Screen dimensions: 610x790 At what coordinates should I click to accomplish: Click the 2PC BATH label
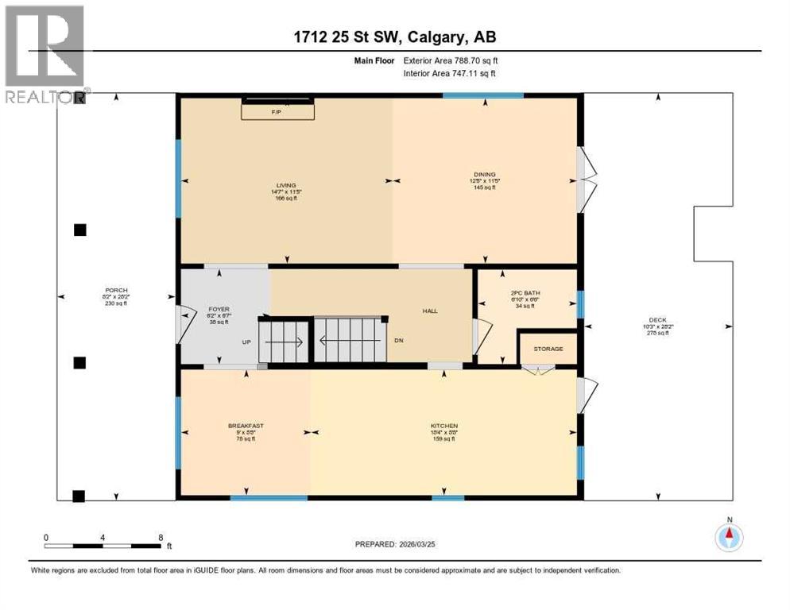(525, 293)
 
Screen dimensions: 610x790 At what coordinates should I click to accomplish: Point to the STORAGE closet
(548, 349)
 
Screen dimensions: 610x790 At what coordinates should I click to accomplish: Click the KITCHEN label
(444, 426)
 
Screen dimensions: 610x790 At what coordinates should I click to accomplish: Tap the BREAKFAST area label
(246, 426)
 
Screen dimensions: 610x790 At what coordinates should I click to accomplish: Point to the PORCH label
(116, 290)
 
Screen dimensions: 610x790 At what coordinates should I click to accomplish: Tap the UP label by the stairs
(247, 342)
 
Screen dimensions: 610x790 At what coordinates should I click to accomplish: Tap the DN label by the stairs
(400, 340)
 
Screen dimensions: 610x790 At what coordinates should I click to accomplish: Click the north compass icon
(728, 538)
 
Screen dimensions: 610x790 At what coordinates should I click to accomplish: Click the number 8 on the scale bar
(161, 537)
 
